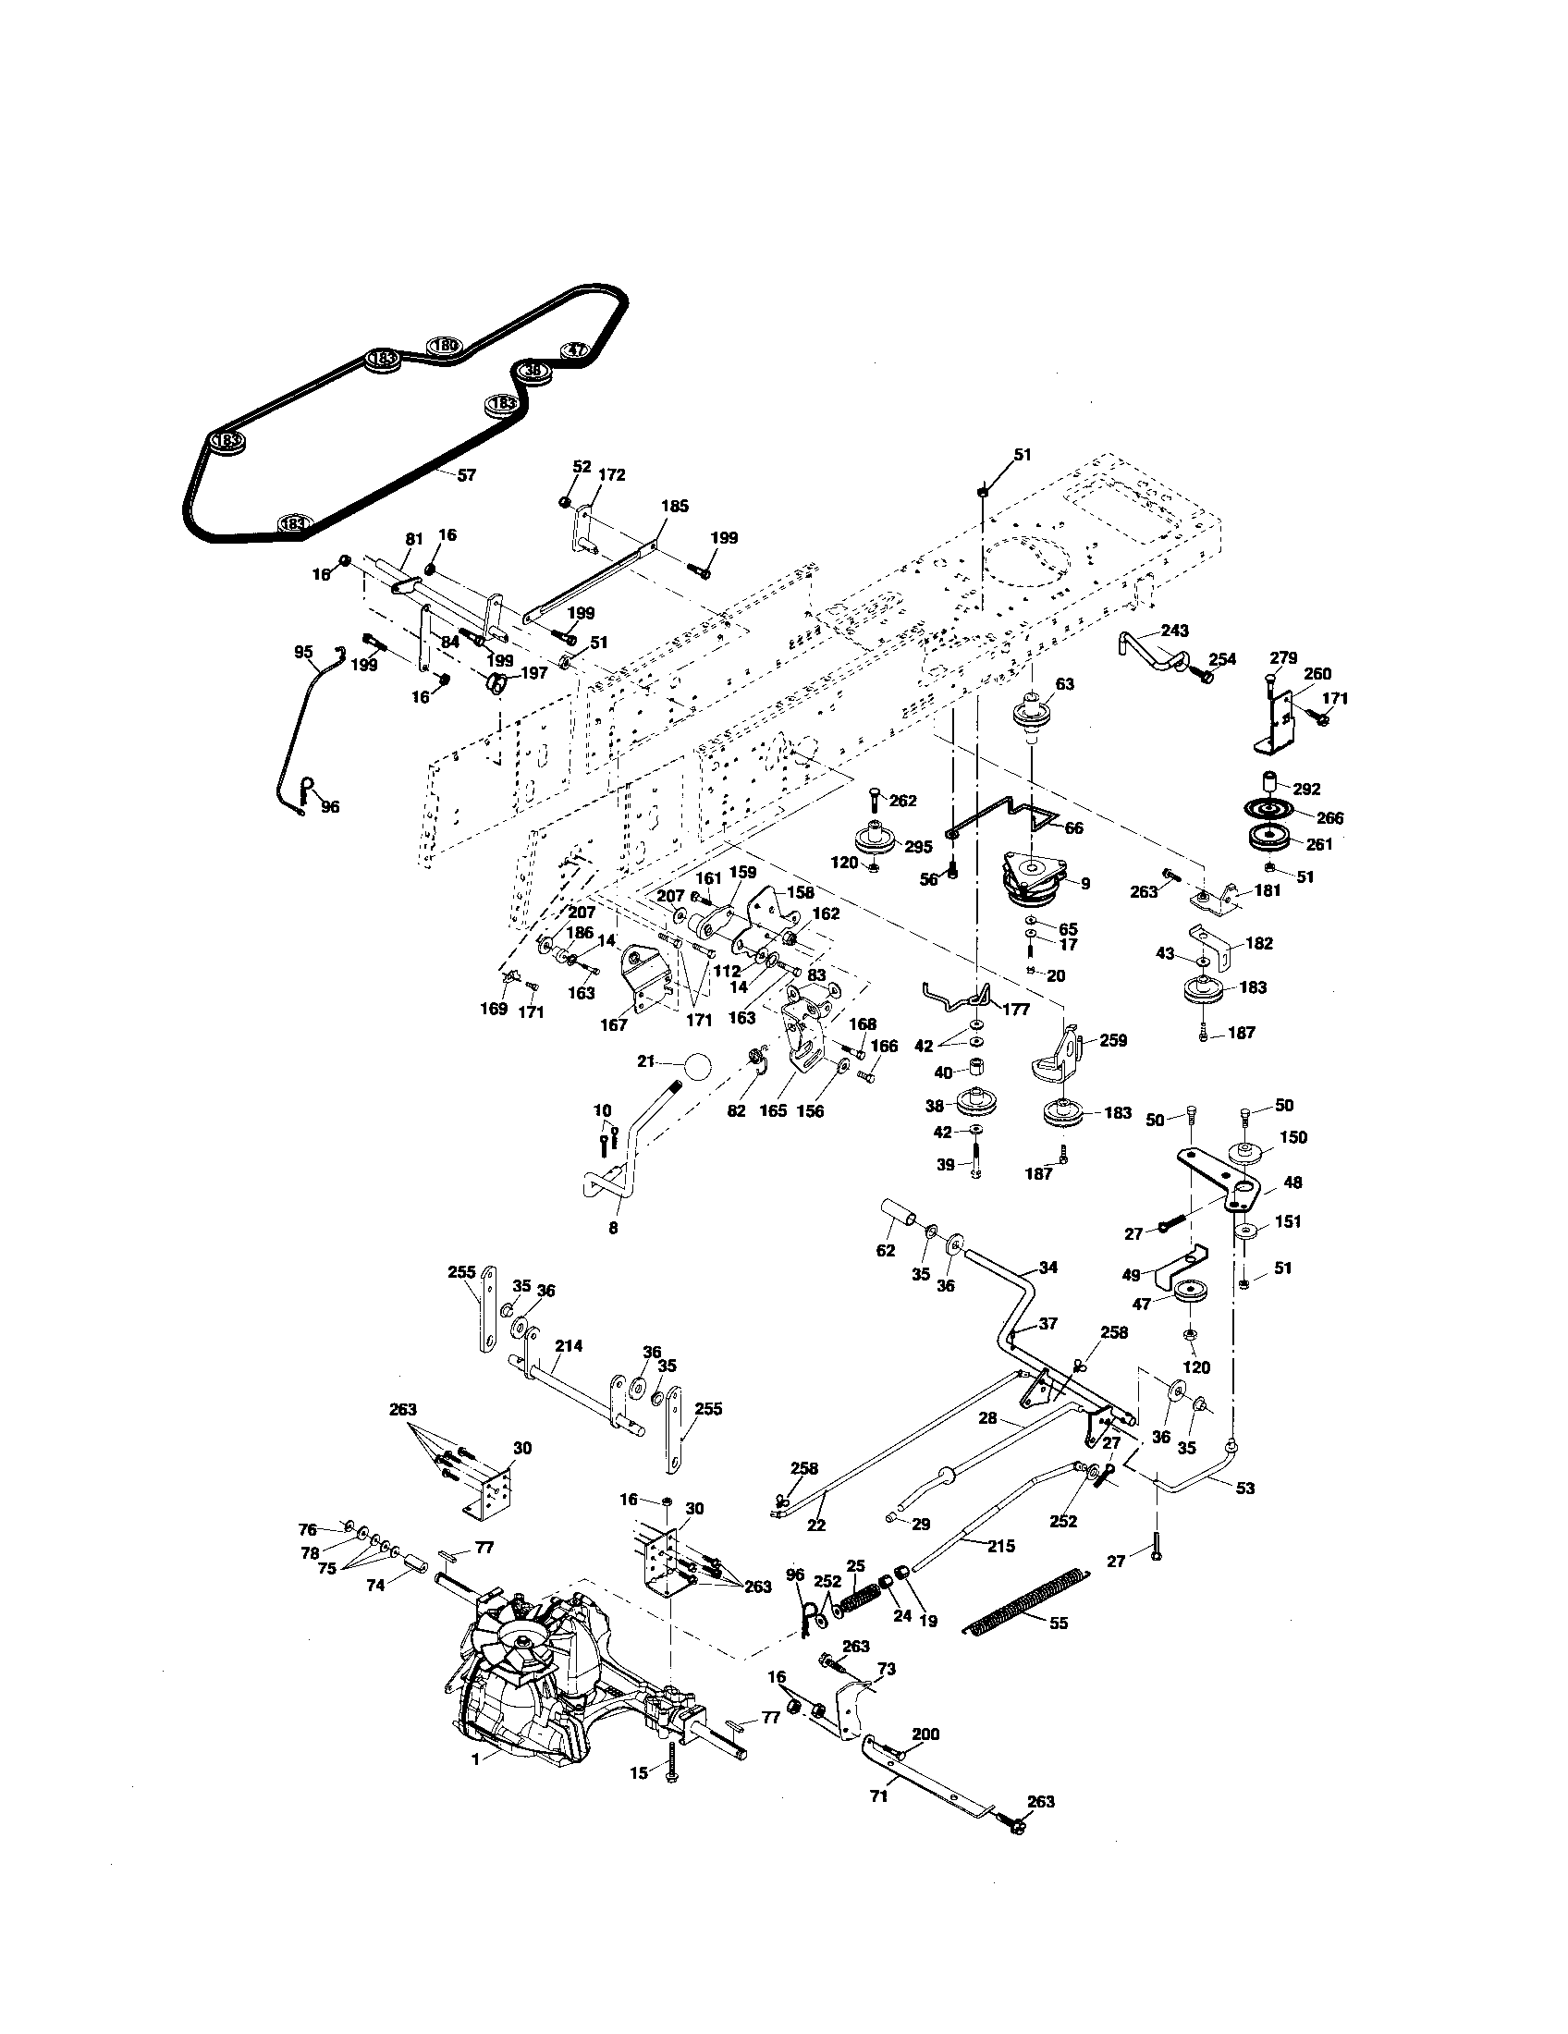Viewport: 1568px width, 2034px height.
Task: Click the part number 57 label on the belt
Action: [x=466, y=475]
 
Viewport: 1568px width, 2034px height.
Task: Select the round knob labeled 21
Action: [x=698, y=1066]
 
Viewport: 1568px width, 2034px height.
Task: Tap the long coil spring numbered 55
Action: [x=1031, y=1600]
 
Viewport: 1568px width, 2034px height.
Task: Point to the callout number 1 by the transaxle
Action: [x=475, y=1758]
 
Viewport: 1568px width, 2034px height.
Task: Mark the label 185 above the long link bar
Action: [x=674, y=507]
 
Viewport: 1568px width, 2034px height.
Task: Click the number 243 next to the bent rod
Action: [x=1174, y=631]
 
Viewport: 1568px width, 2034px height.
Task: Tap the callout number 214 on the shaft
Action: [x=568, y=1346]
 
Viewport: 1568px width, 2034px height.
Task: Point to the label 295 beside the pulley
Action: [x=917, y=847]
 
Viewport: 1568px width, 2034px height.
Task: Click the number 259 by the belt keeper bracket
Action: [x=1112, y=1040]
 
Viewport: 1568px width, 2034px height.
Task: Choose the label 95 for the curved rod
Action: [x=303, y=653]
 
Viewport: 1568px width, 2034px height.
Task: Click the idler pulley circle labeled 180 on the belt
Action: [x=445, y=347]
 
